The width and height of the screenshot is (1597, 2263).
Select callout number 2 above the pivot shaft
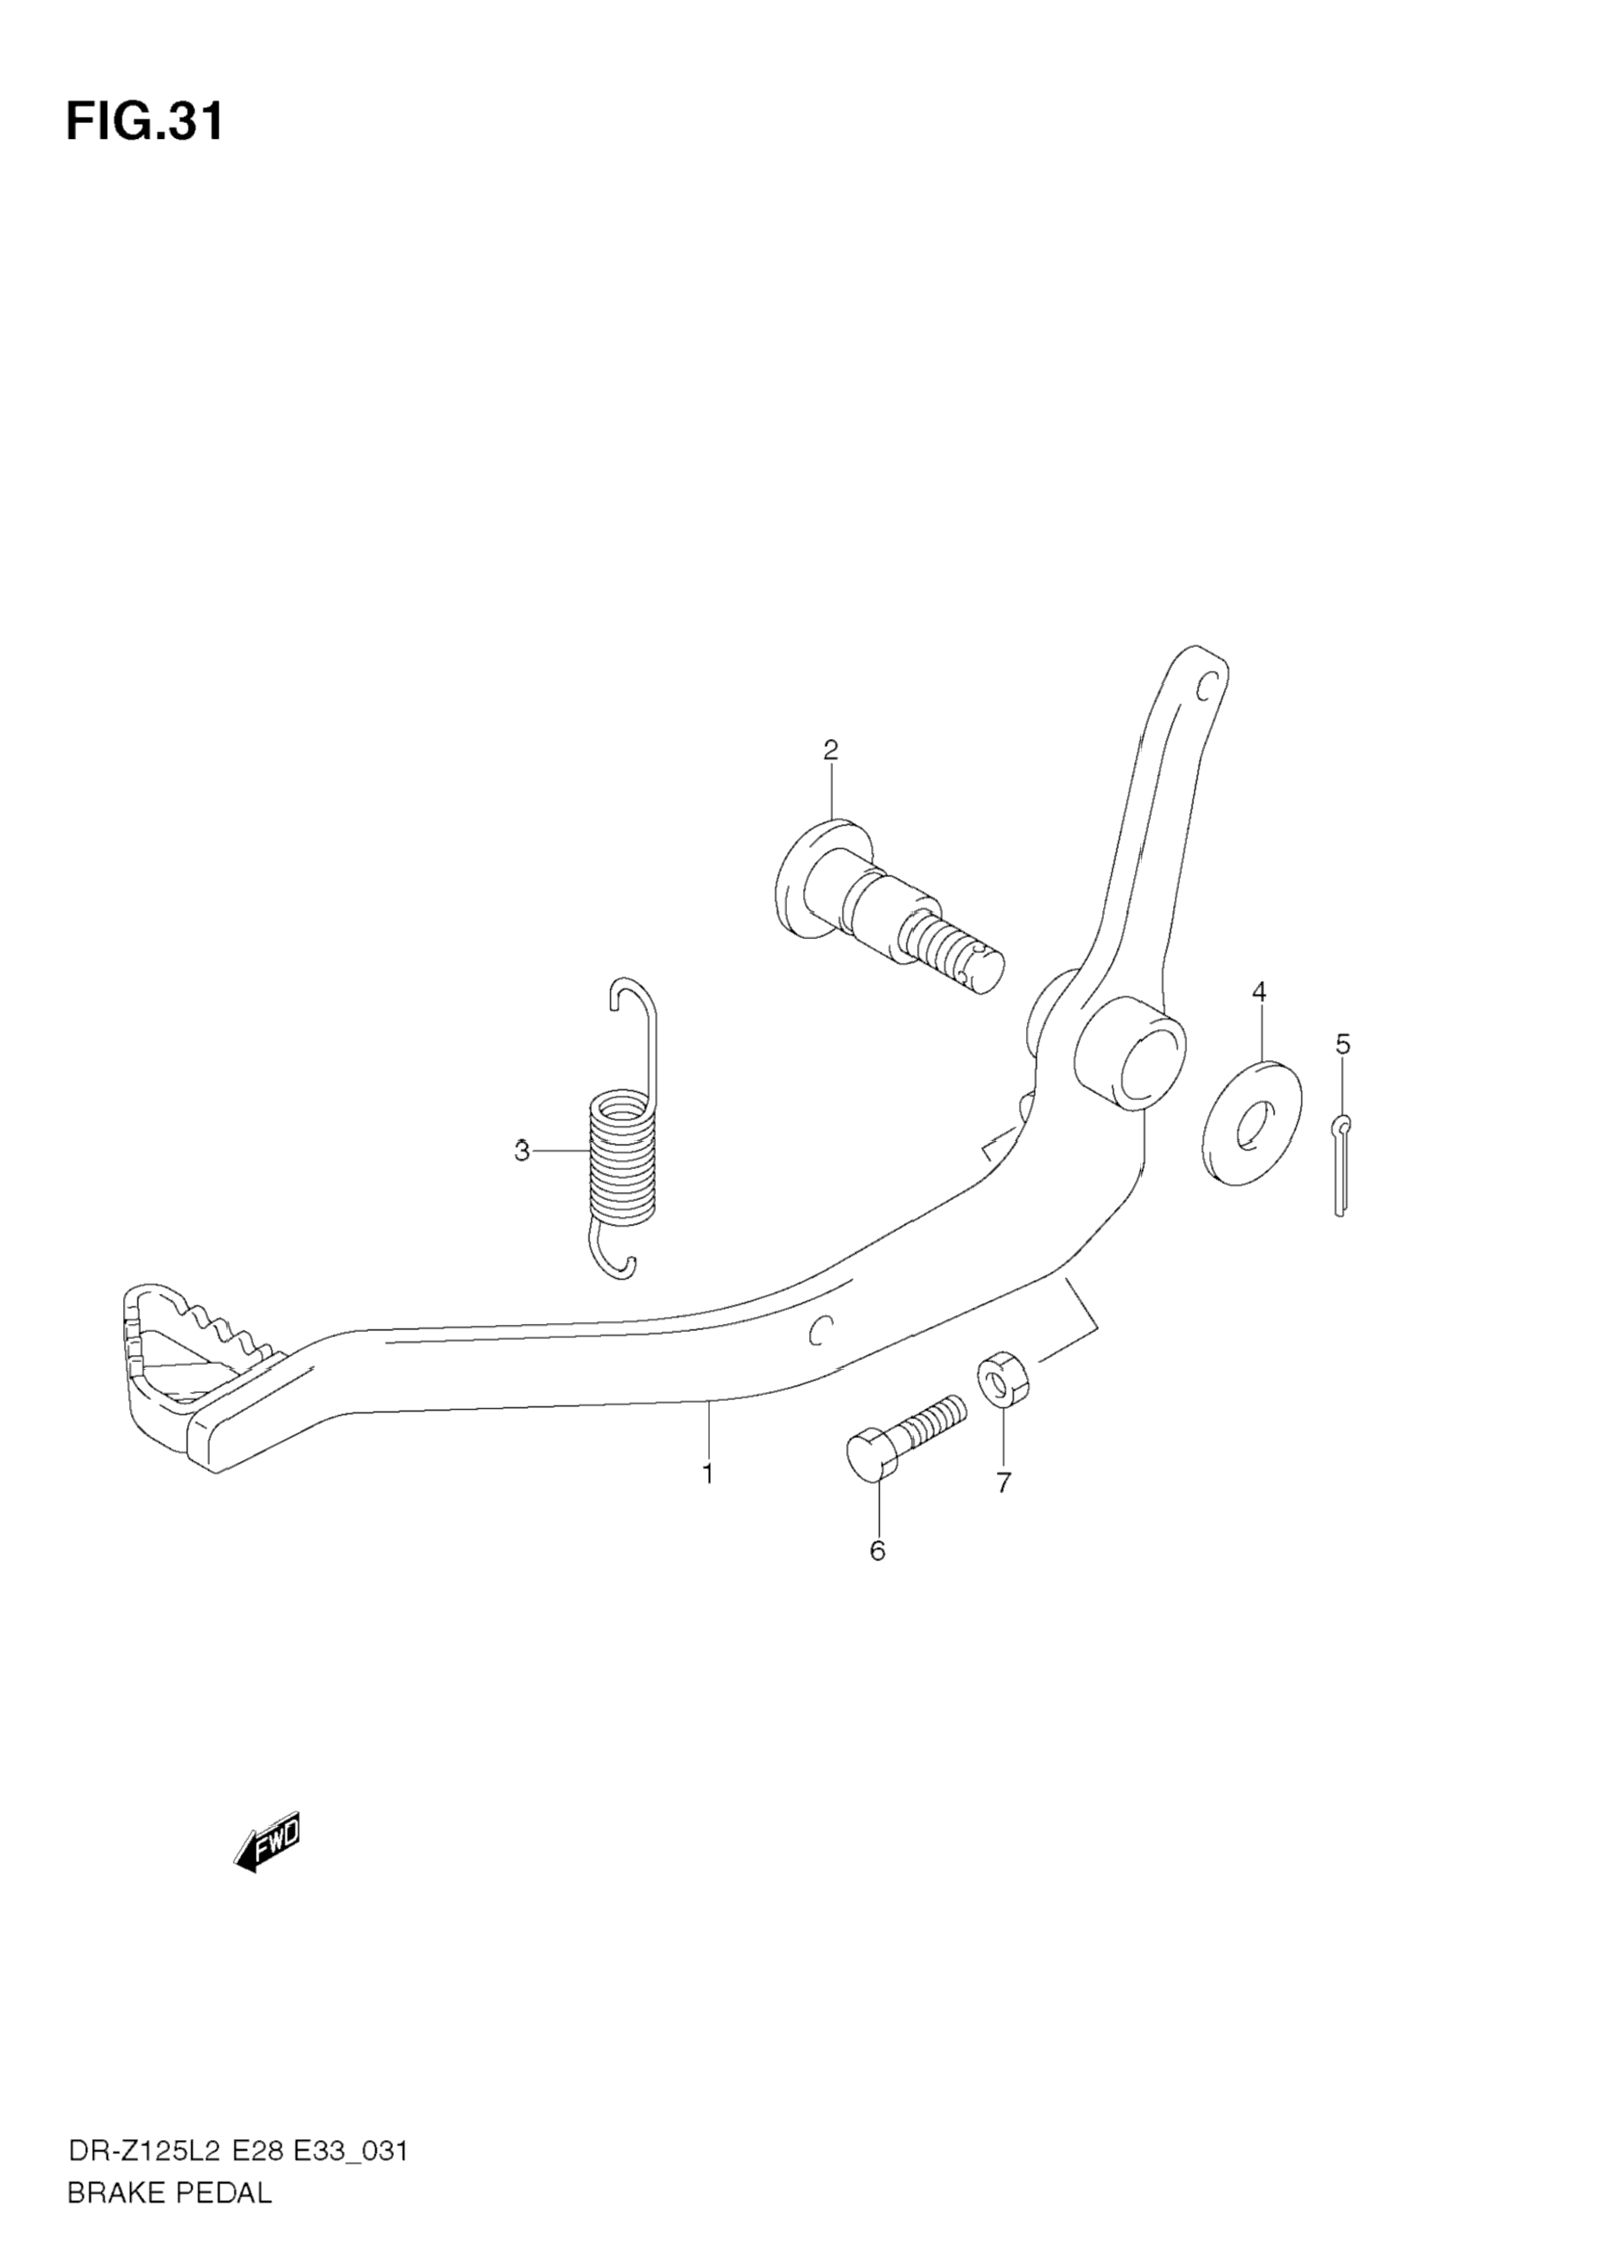[x=830, y=750]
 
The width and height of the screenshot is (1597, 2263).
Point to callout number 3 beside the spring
[x=521, y=1151]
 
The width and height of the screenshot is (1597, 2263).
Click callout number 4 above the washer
[x=1259, y=991]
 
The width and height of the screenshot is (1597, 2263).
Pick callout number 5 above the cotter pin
[x=1343, y=1043]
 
